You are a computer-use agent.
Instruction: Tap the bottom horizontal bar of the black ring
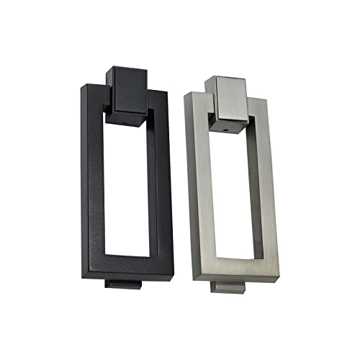click(133, 264)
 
